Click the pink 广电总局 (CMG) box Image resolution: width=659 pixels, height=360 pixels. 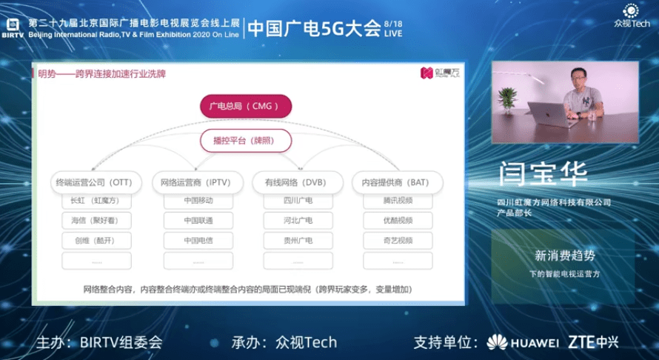point(245,106)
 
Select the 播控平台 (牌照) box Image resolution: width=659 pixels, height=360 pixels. point(245,140)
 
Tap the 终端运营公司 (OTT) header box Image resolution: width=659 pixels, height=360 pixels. point(93,182)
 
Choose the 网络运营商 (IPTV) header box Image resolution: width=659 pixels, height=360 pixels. point(196,182)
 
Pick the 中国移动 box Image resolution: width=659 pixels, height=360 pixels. point(198,201)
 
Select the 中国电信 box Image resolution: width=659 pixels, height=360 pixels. point(198,241)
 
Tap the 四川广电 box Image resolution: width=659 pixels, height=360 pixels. point(298,201)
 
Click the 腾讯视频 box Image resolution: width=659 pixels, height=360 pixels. point(398,201)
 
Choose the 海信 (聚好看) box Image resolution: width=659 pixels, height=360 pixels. point(97,221)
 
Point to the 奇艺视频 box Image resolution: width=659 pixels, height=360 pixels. point(398,241)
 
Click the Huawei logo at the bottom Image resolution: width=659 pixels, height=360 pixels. point(522,343)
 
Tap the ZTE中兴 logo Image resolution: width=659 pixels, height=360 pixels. point(594,342)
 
